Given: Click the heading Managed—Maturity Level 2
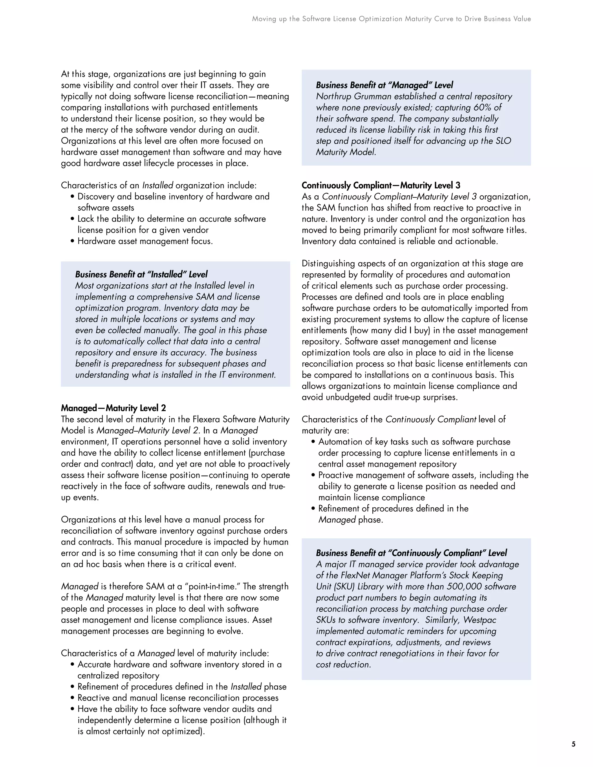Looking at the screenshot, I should [x=113, y=408].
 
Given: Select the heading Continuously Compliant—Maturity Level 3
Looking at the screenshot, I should [x=381, y=186].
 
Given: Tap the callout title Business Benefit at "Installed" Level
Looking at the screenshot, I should [x=141, y=274].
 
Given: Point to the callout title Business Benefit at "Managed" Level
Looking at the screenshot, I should [x=384, y=85].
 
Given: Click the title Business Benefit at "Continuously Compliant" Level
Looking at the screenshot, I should [x=411, y=553].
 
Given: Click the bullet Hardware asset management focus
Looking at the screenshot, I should [x=145, y=241].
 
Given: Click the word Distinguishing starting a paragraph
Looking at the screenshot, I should [x=328, y=263].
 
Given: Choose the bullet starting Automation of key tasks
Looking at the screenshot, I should [x=414, y=442].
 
